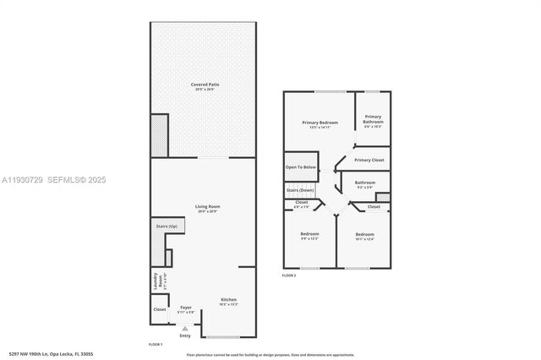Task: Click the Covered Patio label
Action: [203, 85]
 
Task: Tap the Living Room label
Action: [203, 207]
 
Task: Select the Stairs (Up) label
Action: [167, 226]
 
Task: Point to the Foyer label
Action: [186, 308]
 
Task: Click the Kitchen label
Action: [229, 301]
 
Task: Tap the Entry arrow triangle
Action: [185, 328]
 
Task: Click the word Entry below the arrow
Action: [185, 335]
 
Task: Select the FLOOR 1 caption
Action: [156, 345]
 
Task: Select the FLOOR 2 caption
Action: [289, 275]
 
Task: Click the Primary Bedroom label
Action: [320, 123]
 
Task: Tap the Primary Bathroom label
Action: [373, 120]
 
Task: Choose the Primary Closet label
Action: [369, 160]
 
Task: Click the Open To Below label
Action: [301, 167]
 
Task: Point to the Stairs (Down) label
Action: [301, 190]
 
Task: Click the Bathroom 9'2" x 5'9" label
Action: [365, 183]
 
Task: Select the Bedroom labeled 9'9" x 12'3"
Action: [309, 234]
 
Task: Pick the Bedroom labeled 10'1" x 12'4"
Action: [364, 235]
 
